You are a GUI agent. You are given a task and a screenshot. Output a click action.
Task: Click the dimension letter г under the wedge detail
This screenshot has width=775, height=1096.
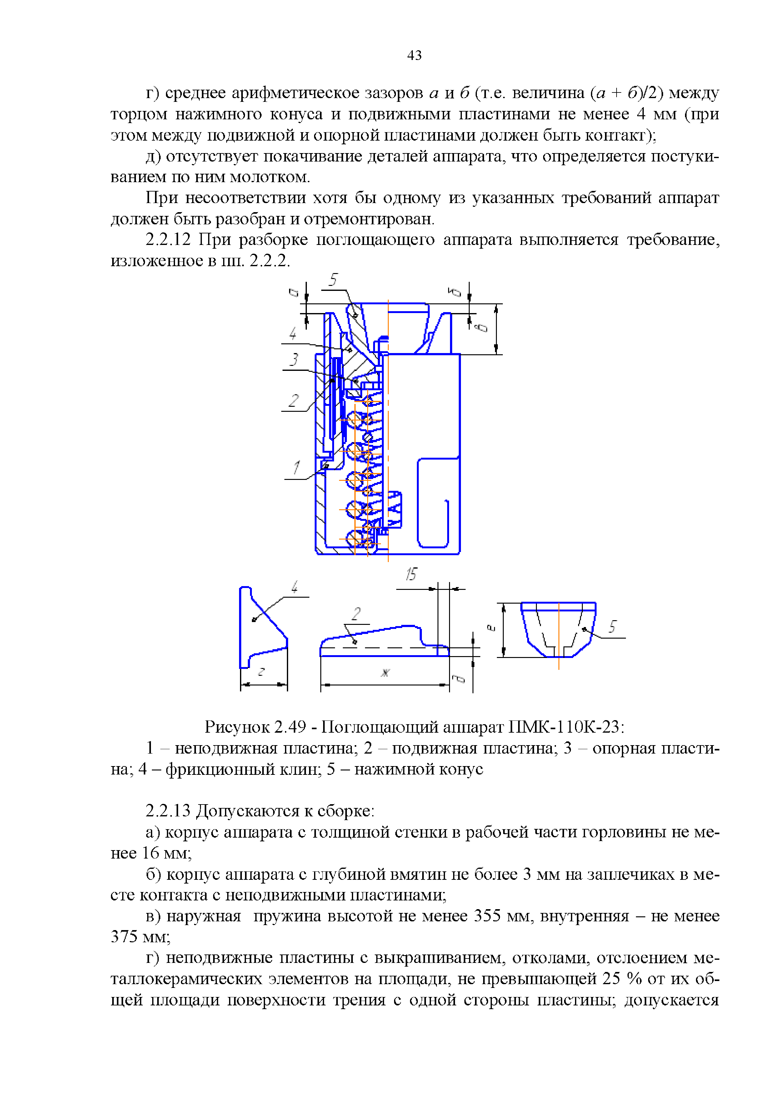pos(261,672)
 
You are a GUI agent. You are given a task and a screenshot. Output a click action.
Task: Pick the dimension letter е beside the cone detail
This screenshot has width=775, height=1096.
pos(490,628)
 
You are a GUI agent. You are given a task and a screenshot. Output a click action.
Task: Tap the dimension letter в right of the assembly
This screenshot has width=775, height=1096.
pos(483,327)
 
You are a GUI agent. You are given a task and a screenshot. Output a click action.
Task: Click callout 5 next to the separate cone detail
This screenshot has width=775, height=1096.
pos(612,626)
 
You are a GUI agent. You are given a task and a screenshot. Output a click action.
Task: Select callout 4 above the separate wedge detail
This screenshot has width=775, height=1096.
pos(295,587)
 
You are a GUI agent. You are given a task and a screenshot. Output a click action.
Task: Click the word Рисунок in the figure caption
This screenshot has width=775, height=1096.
pos(237,727)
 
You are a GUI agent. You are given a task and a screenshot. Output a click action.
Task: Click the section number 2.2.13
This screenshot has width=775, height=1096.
pos(168,811)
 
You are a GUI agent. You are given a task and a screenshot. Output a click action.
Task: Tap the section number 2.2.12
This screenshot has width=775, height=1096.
pos(168,240)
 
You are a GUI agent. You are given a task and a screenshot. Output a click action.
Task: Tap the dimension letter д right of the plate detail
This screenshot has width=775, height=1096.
pos(458,678)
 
